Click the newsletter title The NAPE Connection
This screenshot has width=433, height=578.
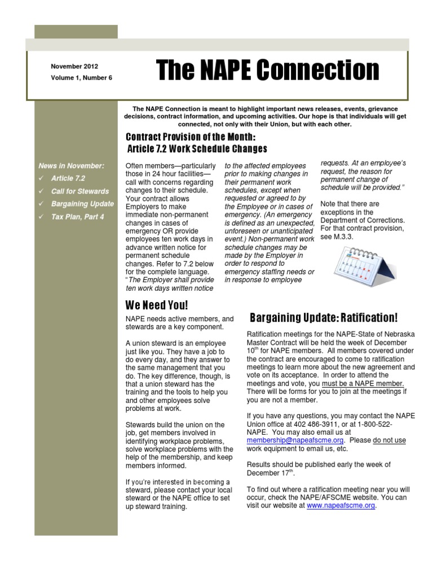(267, 71)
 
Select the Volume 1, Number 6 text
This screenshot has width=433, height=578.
(81, 78)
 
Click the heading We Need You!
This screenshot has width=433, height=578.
(156, 305)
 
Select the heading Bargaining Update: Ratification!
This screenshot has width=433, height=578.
(324, 318)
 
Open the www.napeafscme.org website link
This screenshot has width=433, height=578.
(341, 506)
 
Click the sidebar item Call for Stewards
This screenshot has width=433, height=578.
(79, 191)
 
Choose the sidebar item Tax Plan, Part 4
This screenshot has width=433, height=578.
(77, 217)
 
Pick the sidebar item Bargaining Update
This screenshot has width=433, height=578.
(82, 204)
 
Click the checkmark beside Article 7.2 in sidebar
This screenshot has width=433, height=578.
(42, 178)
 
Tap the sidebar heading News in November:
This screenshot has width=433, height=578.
(71, 165)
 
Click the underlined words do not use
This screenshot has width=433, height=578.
(389, 440)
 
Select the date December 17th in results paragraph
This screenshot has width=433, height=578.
(268, 473)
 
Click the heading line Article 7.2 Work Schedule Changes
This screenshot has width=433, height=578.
(197, 150)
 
